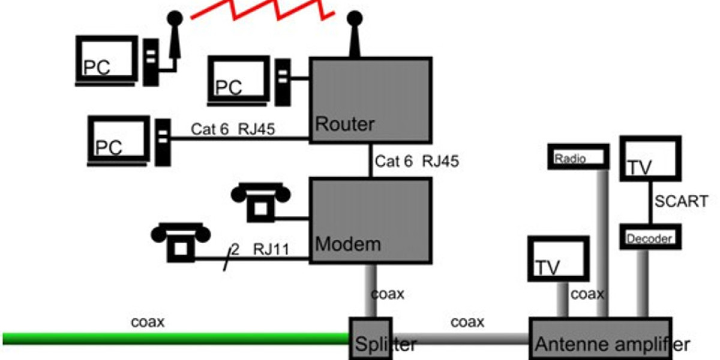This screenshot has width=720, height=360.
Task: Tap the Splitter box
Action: [371, 339]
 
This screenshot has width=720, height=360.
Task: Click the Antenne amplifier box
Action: [600, 339]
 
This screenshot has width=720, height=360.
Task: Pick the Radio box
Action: [578, 157]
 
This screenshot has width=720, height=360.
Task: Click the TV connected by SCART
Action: [650, 159]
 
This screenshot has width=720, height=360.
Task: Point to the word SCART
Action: [681, 201]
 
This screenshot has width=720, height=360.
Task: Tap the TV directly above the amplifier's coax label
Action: [558, 259]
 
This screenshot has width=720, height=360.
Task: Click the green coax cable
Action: [174, 338]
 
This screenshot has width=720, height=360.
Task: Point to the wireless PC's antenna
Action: [174, 36]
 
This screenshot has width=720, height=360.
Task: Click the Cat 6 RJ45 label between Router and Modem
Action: [417, 161]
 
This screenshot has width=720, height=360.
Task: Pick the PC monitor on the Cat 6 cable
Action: [119, 140]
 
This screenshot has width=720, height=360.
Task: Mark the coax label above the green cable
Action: [148, 322]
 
